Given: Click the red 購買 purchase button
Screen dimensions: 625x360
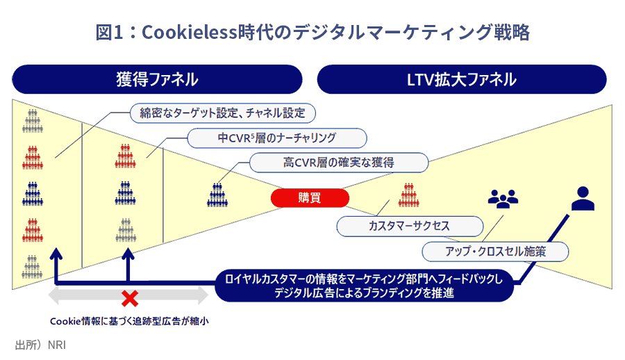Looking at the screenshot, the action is (310, 197).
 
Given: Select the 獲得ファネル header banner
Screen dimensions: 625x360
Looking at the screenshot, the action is (157, 79).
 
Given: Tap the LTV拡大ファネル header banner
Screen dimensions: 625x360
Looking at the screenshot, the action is (462, 79).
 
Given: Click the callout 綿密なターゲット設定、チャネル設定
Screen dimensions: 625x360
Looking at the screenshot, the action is (223, 113).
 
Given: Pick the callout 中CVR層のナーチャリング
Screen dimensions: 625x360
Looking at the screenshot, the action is (277, 138).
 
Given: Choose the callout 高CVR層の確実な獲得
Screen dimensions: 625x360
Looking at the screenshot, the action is (339, 163).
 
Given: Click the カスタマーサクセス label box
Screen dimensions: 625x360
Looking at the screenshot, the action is (410, 227).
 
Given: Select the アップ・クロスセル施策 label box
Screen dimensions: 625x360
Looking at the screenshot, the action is (495, 252).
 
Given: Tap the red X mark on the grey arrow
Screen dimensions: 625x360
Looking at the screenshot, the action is (130, 298).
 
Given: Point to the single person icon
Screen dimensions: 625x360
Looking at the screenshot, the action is (583, 198).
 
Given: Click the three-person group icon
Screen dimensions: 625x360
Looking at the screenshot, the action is (503, 198).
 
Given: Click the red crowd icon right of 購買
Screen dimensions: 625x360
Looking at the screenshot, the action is (409, 195).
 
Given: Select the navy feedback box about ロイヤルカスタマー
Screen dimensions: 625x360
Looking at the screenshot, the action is (365, 286).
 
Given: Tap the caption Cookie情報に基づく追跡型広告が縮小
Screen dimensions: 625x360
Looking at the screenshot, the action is (129, 321).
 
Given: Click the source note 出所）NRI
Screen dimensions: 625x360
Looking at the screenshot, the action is (40, 345).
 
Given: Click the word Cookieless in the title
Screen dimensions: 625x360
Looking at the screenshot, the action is (190, 33).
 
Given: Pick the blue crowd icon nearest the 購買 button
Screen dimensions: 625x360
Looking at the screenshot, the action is (217, 195).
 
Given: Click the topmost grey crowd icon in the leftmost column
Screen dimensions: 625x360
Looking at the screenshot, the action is (32, 121).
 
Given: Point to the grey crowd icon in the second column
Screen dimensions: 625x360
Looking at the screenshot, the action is (126, 230).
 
